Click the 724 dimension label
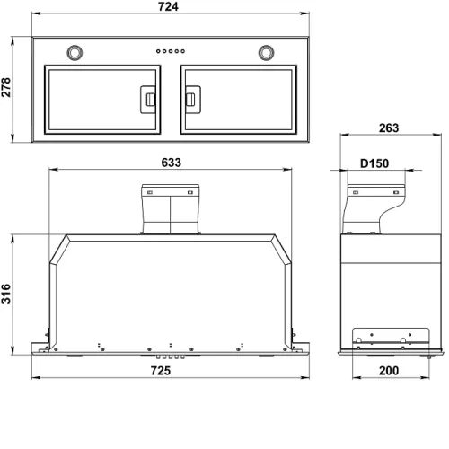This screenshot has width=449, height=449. point(168,6)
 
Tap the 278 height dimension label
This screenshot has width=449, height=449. point(6,87)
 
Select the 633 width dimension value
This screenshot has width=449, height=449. point(172,163)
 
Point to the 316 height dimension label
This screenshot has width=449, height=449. point(6,294)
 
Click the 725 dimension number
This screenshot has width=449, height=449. point(161,371)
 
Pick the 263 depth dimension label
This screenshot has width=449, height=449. point(389,128)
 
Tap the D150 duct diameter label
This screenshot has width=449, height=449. point(374,163)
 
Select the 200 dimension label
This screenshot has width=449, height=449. point(389,371)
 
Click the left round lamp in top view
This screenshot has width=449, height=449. point(75,53)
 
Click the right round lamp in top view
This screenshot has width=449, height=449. point(266,53)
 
